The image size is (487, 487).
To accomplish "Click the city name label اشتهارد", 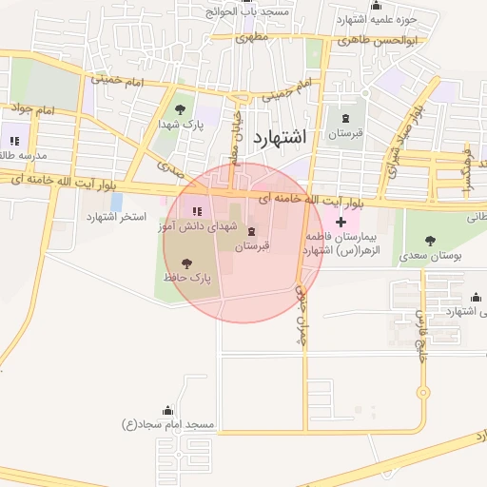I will pos(281,137).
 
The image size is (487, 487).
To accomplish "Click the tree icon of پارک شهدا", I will pos(181,109).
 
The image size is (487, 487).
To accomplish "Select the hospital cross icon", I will pos(341,222).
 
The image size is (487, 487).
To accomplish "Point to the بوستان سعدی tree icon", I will pos(430,241).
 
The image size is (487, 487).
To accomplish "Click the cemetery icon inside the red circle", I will pos(251,233).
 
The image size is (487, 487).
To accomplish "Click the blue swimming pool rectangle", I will pos(116,203).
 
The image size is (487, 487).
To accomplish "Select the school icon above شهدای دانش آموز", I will pos(197,210).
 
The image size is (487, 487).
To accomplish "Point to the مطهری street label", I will pos(251,37).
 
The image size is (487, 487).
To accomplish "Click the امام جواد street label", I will pos(31,109).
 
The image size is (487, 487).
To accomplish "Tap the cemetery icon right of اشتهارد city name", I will pos(344,119).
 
